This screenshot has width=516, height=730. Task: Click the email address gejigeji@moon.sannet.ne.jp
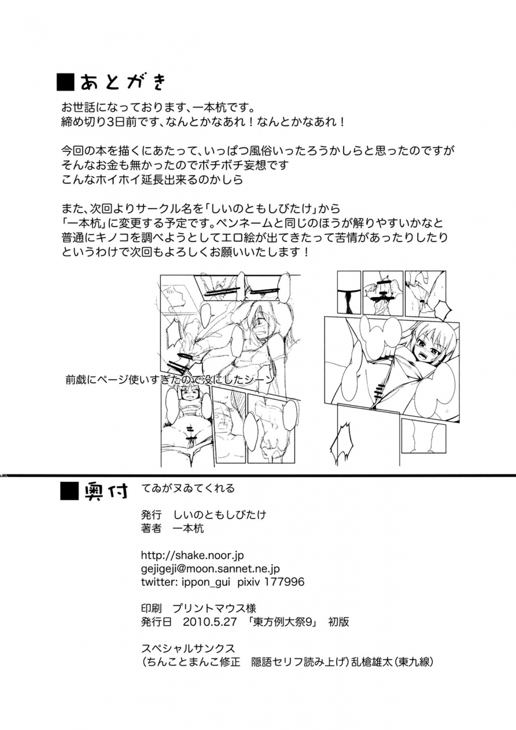(x=210, y=568)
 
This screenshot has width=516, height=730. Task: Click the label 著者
(x=151, y=528)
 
